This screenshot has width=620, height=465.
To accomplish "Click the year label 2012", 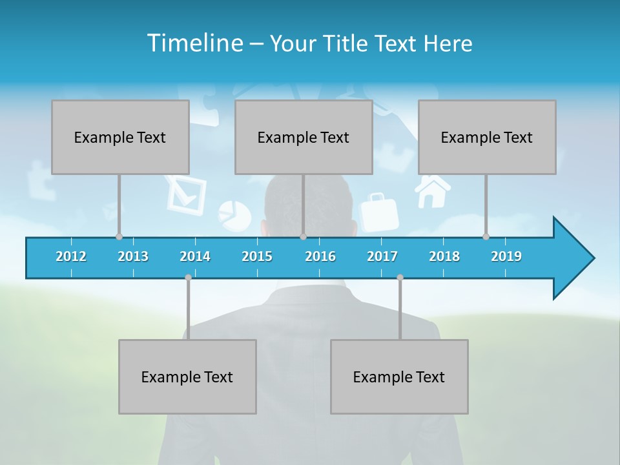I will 71,256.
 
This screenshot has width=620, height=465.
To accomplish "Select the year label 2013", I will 133,256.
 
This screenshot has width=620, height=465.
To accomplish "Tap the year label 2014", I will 195,256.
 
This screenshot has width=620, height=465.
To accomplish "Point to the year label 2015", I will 257,256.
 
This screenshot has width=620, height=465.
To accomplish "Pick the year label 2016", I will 320,256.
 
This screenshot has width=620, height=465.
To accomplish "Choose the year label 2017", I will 382,256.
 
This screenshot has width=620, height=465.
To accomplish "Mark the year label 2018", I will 444,256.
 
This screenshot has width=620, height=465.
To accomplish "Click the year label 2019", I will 506,256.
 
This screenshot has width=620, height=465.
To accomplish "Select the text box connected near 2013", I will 120,137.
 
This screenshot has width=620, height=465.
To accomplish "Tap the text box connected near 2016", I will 304,137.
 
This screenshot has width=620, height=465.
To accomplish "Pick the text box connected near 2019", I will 487,137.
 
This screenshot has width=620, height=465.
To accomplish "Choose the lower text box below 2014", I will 187,377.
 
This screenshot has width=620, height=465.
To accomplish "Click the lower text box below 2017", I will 399,377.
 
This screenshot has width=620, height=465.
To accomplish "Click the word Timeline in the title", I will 194,43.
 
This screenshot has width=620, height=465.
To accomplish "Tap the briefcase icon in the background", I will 379,212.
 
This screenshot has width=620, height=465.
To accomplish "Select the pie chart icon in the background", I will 234,215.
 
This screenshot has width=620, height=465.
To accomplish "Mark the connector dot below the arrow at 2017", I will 400,277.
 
